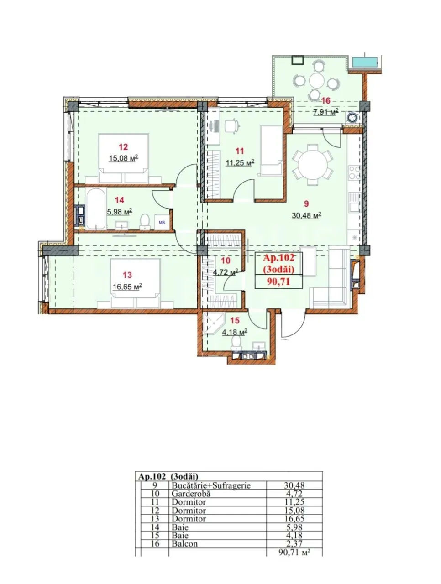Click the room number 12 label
(123, 146)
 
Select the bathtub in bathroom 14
(95, 209)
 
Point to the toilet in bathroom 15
(236, 343)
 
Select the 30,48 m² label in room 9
(306, 215)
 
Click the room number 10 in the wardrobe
(226, 260)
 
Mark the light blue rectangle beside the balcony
(365, 62)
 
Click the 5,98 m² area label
(120, 212)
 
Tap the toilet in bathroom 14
(145, 221)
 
